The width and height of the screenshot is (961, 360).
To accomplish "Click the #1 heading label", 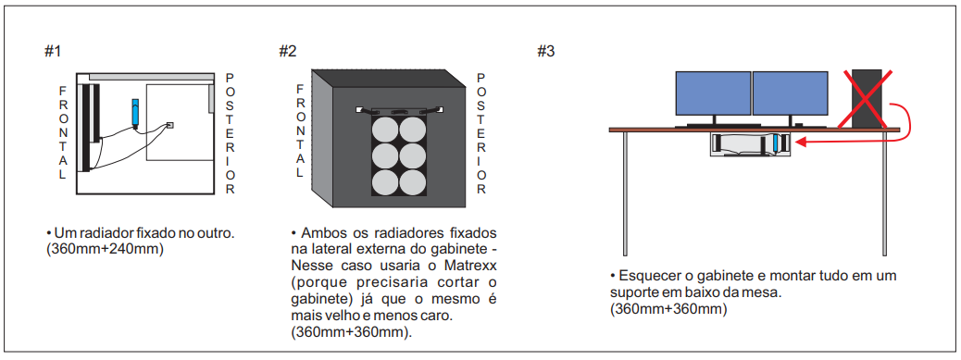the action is (54, 52).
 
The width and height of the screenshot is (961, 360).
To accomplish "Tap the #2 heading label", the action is (287, 52).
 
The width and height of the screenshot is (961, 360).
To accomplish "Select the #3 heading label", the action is (546, 52).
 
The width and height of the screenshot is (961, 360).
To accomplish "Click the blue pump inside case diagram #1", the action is (135, 112).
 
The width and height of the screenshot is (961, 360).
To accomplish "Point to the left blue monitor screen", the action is (714, 93).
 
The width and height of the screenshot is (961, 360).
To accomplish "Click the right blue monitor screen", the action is (790, 93).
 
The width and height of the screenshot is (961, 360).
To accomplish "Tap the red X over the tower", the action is (865, 98).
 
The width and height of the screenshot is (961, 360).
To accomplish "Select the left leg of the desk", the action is (625, 193).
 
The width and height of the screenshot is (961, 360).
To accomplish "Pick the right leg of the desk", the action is (883, 193).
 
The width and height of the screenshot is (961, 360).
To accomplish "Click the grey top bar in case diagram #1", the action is (151, 77).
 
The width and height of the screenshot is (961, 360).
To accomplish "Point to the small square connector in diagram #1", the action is (169, 126).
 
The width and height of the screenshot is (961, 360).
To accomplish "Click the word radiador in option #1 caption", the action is (99, 234).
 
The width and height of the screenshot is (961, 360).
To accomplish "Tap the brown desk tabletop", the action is (755, 130).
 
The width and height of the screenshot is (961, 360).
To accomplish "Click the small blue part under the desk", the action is (776, 143).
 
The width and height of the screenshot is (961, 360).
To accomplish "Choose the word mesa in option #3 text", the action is (765, 292).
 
